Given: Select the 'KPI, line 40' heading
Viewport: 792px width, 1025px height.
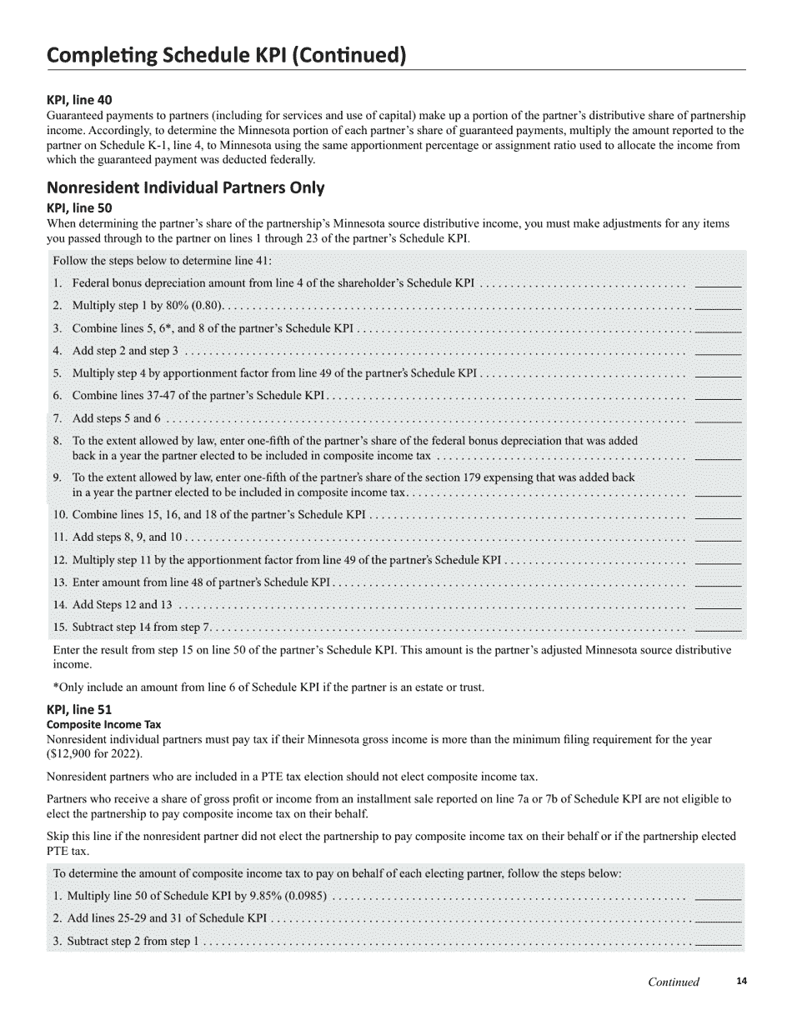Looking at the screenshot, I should pos(79,99).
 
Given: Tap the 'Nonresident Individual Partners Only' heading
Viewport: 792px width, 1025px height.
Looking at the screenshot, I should pos(185,187).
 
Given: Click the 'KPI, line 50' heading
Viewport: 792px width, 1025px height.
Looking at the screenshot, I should pos(79,207).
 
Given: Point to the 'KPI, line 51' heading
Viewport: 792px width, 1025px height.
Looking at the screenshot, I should pos(79,710).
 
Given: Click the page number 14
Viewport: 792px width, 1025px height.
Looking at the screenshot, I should pos(742,981).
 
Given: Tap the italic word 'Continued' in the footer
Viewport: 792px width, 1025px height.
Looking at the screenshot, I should pos(674,982).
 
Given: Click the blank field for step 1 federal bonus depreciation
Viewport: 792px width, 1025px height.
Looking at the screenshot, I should pos(718,283).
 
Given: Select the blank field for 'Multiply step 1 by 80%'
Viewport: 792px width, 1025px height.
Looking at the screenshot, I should pos(718,306).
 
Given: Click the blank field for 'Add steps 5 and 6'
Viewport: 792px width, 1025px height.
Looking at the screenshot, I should pos(718,418).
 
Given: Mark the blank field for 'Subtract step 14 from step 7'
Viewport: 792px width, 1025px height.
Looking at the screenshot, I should pos(718,627).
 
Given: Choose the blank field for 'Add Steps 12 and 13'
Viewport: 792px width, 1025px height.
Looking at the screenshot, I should pos(718,605).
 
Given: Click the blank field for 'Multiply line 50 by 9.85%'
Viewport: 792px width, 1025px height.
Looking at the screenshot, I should pos(718,897).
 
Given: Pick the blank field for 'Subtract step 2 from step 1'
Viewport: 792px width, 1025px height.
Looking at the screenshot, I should pos(718,942).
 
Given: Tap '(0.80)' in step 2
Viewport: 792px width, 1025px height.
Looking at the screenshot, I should pos(200,306).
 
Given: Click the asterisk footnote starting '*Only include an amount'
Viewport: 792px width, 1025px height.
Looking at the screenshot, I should pos(268,687).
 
